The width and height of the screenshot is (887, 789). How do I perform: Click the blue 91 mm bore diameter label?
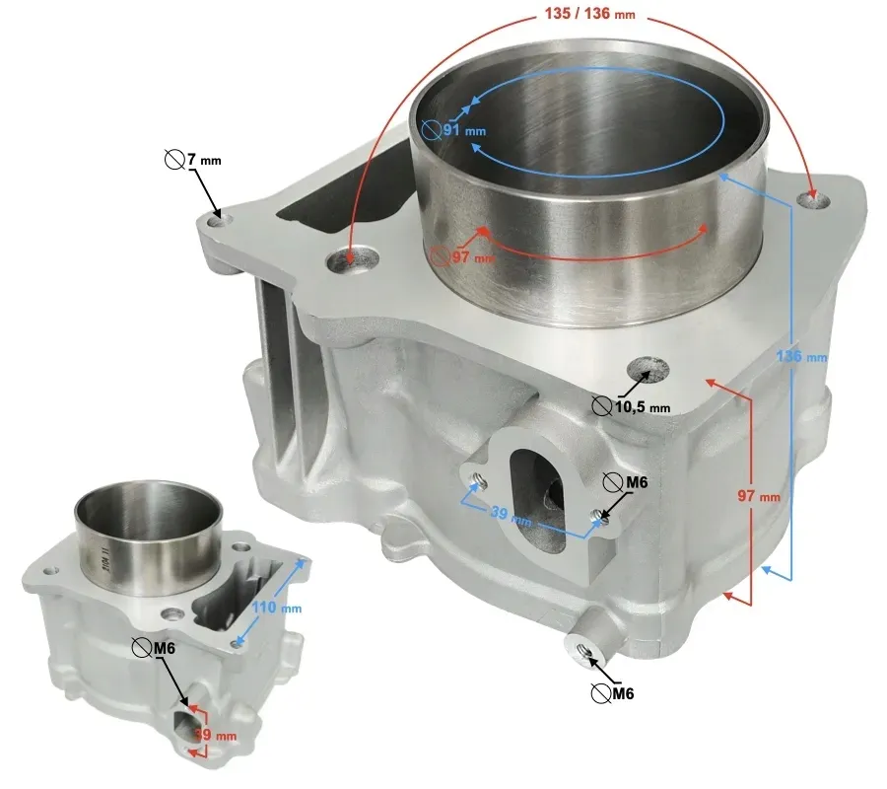(463, 129)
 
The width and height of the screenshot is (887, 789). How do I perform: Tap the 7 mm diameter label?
(203, 160)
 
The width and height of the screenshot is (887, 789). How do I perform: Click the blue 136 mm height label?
(801, 356)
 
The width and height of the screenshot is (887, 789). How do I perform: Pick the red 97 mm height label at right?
(759, 497)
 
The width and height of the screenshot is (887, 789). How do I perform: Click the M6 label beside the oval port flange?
(636, 482)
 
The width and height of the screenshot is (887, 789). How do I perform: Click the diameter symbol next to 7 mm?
(173, 159)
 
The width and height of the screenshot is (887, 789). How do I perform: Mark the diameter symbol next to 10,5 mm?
(601, 406)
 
